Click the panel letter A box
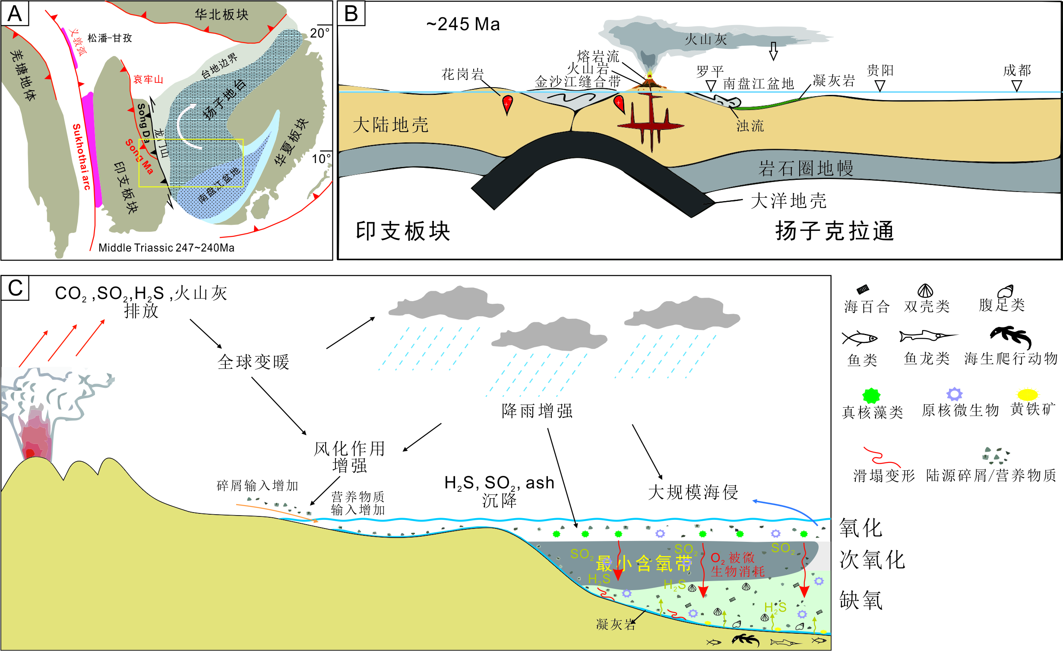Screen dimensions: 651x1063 15,13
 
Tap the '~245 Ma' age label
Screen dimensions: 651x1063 463,24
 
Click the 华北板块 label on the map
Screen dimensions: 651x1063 221,15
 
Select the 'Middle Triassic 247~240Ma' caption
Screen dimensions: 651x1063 166,248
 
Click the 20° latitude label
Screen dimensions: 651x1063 320,33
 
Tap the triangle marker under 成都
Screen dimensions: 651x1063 1017,86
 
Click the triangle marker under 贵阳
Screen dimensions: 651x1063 880,86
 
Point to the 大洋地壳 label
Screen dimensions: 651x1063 788,201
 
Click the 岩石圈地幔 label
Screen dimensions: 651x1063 806,168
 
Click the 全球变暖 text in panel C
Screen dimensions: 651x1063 253,362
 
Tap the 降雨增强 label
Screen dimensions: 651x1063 537,411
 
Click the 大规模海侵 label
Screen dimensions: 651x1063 693,492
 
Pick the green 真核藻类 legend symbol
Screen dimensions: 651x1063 871,395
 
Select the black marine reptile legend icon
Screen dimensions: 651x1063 1011,336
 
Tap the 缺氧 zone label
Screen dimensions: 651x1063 861,600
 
